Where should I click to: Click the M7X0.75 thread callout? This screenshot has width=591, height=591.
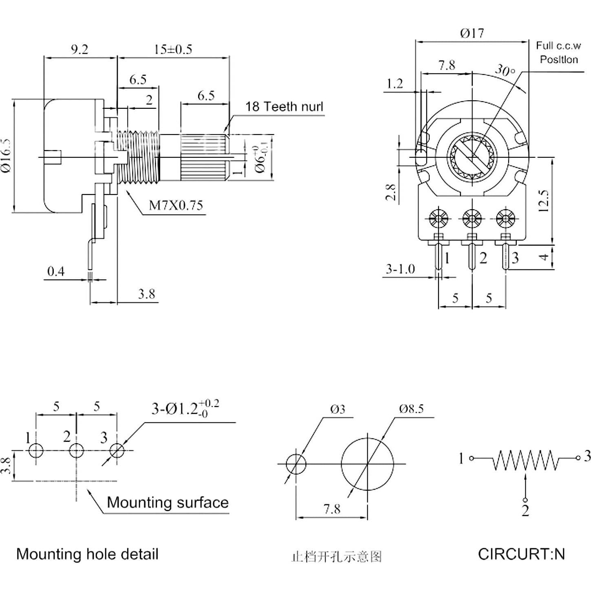(176, 205)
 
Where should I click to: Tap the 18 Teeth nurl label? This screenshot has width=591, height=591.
(284, 107)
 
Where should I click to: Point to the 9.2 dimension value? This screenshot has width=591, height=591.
(79, 49)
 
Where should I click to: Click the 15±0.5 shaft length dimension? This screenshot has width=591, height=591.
(173, 49)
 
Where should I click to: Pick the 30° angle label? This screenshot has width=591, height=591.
(505, 71)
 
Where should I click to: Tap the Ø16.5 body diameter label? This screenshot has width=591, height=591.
(7, 156)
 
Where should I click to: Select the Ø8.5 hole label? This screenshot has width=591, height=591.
(411, 409)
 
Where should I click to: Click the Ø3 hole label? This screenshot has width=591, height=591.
(338, 409)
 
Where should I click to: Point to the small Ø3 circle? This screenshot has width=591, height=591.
(296, 464)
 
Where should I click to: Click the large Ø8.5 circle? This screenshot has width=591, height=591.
(367, 464)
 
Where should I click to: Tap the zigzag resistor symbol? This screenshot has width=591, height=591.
(525, 460)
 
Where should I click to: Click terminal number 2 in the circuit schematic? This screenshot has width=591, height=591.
(525, 510)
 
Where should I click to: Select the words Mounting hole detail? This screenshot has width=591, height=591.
(87, 554)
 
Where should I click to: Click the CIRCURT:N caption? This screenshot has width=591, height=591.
(521, 554)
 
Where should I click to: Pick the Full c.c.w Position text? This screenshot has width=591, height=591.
(558, 53)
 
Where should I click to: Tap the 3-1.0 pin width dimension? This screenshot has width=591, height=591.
(400, 269)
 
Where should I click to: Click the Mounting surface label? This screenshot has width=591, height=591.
(168, 502)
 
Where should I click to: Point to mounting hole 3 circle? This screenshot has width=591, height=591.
(117, 450)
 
